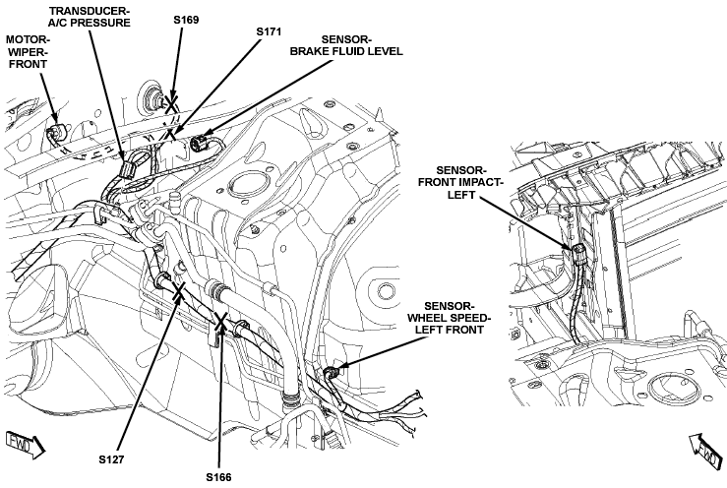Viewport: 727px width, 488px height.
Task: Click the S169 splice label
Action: click(x=186, y=20)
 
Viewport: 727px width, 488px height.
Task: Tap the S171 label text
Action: click(x=269, y=31)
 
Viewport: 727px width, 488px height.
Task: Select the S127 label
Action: click(x=111, y=459)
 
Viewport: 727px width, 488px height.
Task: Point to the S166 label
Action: click(x=218, y=477)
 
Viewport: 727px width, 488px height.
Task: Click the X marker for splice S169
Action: click(x=171, y=104)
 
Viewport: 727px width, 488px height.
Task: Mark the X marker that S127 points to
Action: click(x=178, y=293)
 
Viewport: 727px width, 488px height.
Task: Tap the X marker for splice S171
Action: click(x=171, y=135)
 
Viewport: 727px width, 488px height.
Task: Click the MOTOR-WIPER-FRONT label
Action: click(x=28, y=52)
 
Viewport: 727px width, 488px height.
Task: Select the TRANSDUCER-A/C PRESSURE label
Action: click(x=90, y=17)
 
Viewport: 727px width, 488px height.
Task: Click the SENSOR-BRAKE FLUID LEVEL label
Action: click(x=346, y=45)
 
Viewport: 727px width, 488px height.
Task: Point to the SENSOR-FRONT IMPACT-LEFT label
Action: click(x=460, y=183)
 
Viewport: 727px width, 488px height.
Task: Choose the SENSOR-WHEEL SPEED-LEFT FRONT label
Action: click(x=449, y=318)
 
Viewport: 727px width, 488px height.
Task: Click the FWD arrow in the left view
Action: click(x=26, y=444)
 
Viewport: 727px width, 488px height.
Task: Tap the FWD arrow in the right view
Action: click(x=706, y=451)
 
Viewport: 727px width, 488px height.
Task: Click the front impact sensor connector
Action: click(x=579, y=255)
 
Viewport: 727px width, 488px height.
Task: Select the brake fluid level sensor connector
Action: click(x=200, y=144)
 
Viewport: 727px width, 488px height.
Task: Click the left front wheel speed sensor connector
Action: click(x=332, y=372)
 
